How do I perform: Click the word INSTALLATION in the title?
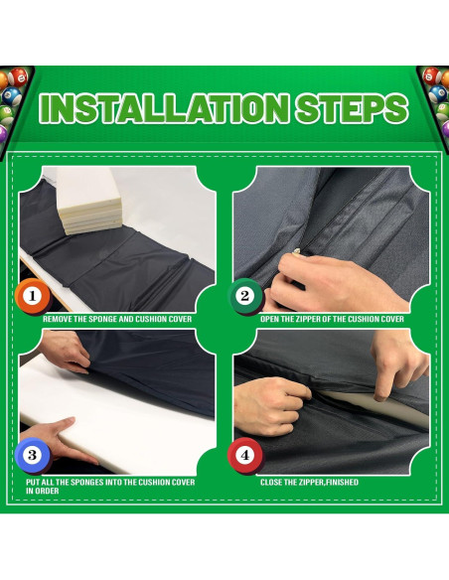(x=164, y=108)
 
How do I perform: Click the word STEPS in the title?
(x=352, y=108)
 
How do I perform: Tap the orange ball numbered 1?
(x=33, y=296)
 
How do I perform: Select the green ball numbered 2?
(x=245, y=296)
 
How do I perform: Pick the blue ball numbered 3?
(x=33, y=455)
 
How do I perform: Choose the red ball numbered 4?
(x=245, y=455)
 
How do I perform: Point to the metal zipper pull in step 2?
(x=296, y=251)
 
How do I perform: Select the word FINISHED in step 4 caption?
(x=342, y=483)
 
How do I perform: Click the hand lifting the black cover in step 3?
(x=65, y=352)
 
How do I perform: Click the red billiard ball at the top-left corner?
(x=18, y=76)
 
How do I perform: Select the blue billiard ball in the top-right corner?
(x=437, y=93)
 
